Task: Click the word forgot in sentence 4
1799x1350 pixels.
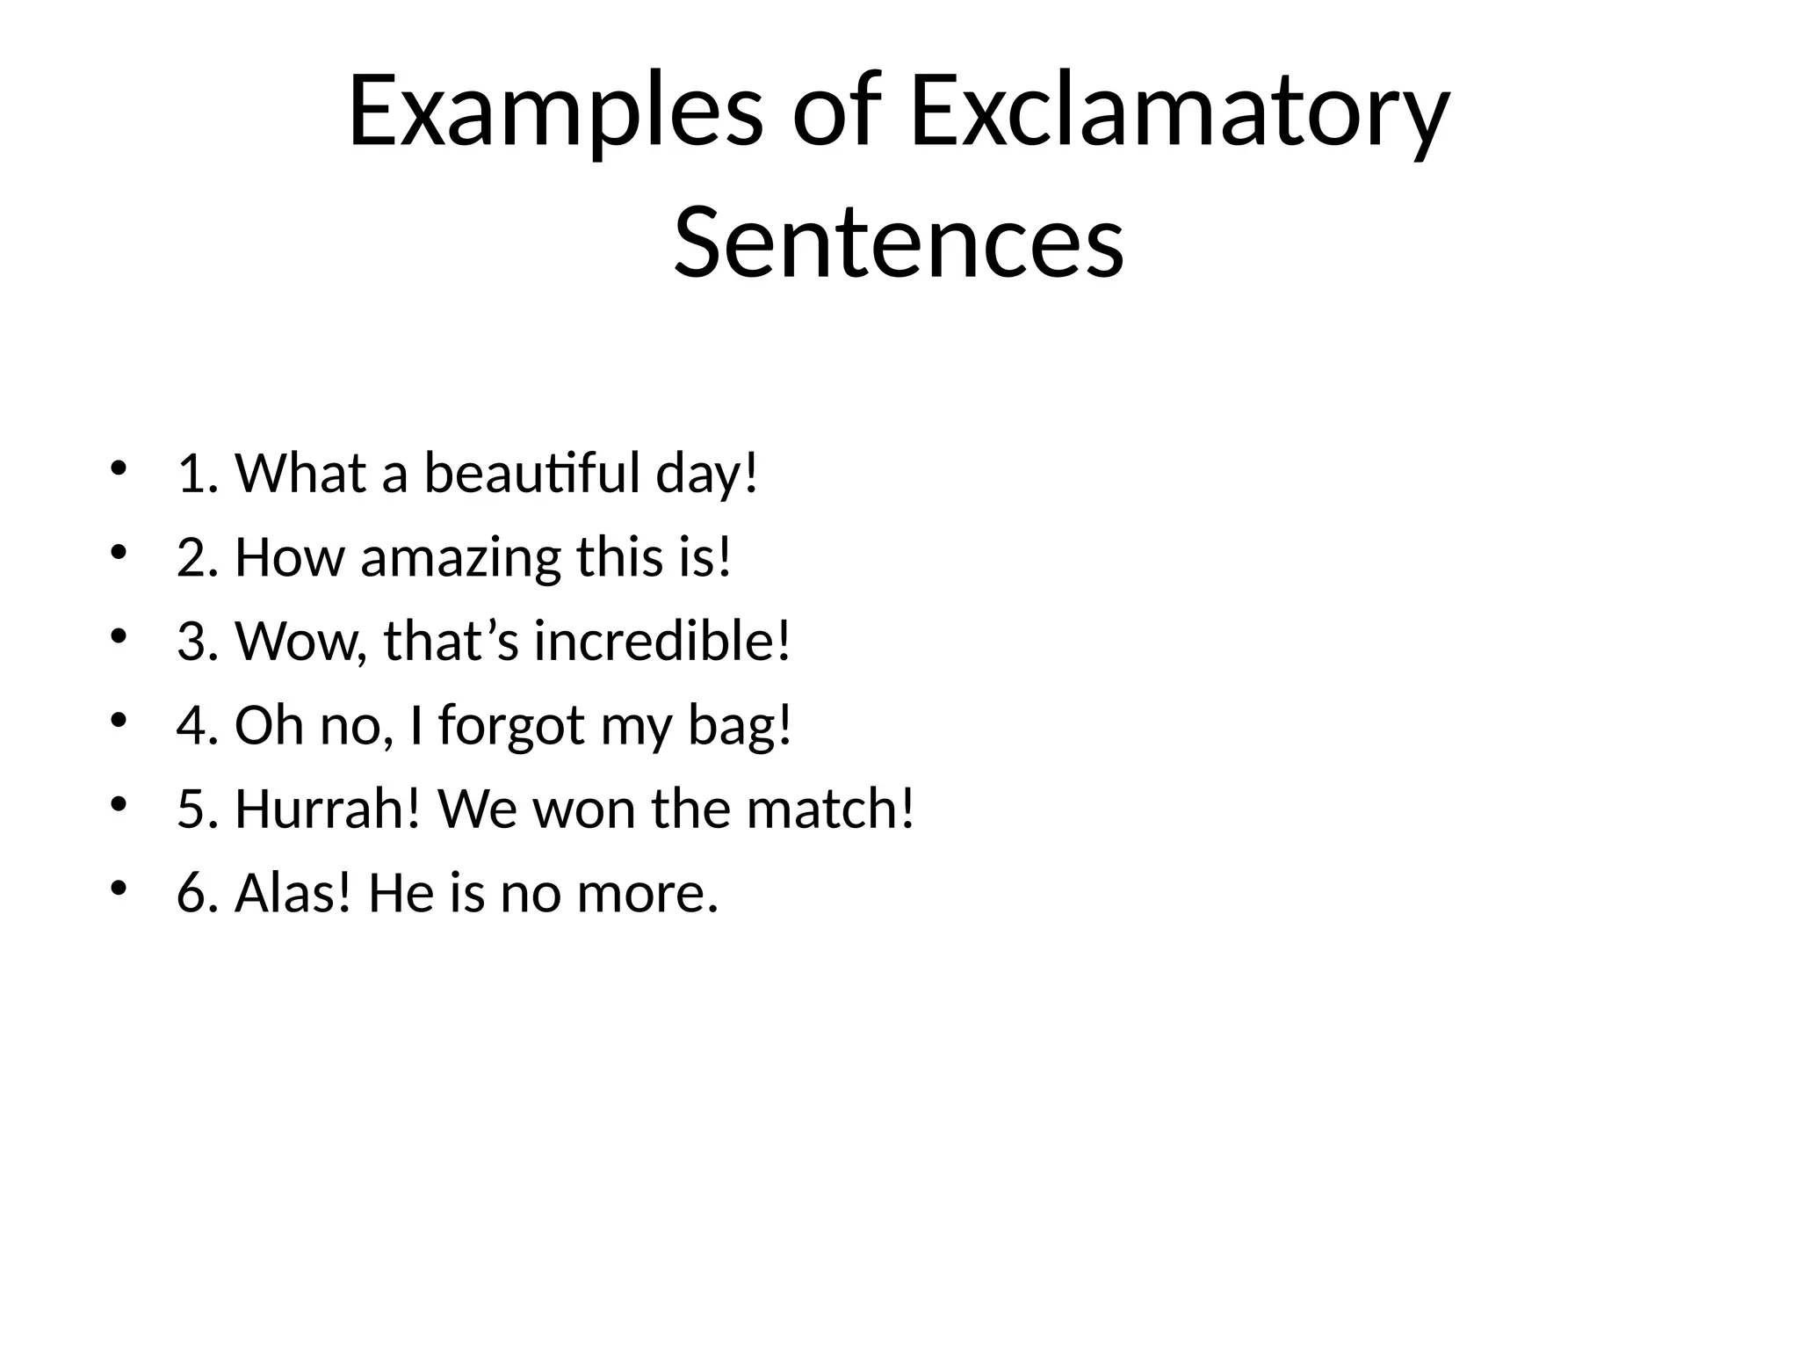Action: (x=511, y=726)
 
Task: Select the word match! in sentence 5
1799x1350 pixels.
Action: (x=830, y=809)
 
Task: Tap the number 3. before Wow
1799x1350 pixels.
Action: (x=197, y=641)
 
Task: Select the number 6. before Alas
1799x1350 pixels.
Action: (x=197, y=893)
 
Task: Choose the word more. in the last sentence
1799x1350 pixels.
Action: (x=647, y=893)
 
